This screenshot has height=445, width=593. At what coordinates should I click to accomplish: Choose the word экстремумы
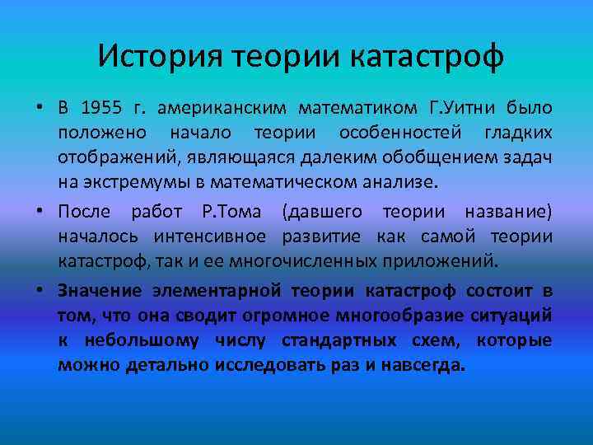click(136, 180)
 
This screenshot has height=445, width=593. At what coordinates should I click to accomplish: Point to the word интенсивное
click(210, 237)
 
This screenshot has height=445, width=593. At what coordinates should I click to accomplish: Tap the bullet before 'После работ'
click(39, 213)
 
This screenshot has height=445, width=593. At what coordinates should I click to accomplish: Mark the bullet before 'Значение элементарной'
click(39, 293)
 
